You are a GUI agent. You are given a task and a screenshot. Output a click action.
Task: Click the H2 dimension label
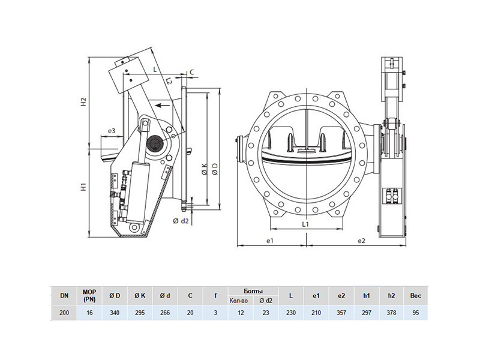[x=83, y=102]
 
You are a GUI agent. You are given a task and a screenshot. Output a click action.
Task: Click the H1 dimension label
[x=83, y=187]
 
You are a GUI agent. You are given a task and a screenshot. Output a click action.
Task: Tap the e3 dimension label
[x=112, y=131]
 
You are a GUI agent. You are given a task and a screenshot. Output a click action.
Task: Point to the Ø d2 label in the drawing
[x=181, y=221]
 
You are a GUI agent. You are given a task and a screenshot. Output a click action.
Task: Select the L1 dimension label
[x=305, y=224]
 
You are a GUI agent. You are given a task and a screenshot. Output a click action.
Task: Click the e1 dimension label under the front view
[x=269, y=241]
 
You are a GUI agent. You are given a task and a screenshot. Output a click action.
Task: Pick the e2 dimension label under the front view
[x=362, y=241]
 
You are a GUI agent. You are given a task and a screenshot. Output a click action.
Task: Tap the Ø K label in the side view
[x=205, y=169]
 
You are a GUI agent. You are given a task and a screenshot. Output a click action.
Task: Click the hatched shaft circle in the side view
[x=154, y=143]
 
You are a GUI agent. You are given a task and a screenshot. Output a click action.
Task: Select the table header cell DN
[x=64, y=296]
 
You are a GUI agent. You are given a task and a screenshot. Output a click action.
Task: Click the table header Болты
[x=253, y=291]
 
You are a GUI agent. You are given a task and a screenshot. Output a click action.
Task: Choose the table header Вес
[x=416, y=296]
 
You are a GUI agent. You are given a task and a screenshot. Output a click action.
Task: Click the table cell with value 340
[x=115, y=313]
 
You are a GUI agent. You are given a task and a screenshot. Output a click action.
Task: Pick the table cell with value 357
[x=341, y=313]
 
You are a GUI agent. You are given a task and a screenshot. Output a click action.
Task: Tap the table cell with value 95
[x=416, y=313]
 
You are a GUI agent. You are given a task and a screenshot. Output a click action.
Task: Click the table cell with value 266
[x=165, y=313]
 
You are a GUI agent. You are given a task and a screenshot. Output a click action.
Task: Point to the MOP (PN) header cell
[x=89, y=296]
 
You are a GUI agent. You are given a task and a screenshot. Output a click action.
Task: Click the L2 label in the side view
[x=169, y=81]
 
